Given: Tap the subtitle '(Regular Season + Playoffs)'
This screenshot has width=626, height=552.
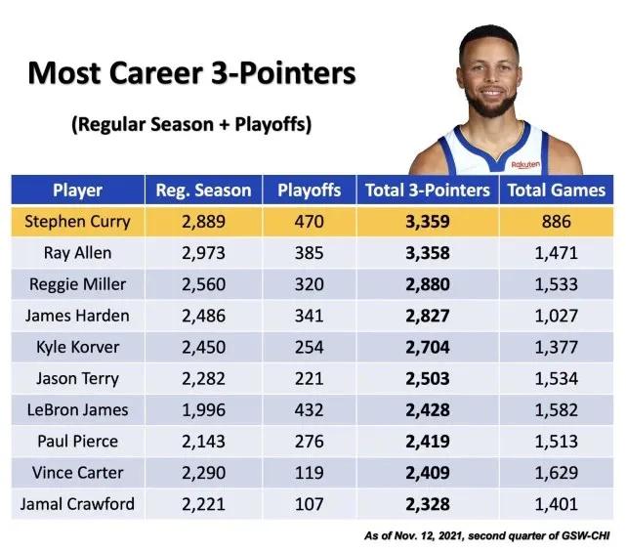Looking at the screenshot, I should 191,125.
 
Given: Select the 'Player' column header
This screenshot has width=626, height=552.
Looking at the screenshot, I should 77,191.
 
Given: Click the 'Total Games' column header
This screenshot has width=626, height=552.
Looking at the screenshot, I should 556,191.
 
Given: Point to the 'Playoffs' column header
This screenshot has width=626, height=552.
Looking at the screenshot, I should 309,191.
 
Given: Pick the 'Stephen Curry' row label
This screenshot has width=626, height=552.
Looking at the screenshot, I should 78,222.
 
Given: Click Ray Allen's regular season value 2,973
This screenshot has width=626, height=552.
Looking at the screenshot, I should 203,253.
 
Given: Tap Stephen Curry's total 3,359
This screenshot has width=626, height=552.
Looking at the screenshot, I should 426,222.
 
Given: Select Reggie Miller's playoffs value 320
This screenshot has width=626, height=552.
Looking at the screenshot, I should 309,284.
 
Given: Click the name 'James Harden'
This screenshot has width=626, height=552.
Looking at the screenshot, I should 78,316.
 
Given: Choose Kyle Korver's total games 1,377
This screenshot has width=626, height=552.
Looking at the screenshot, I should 556,347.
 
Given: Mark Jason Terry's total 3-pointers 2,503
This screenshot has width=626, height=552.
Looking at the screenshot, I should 426,378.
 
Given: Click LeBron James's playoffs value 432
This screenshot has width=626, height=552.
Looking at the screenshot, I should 309,409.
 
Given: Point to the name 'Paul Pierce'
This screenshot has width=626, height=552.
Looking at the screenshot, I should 78,441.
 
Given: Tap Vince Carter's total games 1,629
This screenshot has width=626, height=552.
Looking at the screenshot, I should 556,472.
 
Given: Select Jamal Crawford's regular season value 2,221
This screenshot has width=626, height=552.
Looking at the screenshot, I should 203,503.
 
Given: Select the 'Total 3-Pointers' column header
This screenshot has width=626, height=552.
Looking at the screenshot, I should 426,191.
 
